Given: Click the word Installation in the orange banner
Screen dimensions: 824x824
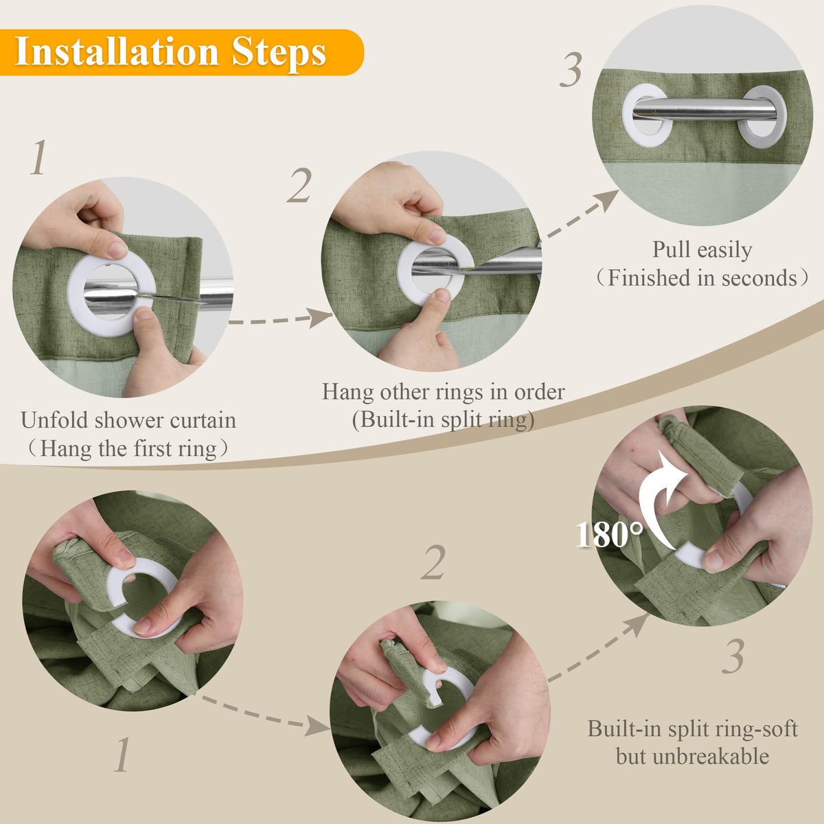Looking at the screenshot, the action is click(x=117, y=53).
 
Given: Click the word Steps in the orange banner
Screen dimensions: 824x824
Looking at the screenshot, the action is click(x=279, y=54).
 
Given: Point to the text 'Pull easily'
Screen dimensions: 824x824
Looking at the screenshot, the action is click(x=702, y=250).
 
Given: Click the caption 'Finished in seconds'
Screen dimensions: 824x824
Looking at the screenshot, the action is click(x=702, y=278).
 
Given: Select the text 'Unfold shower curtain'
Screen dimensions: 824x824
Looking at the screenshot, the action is click(x=128, y=420).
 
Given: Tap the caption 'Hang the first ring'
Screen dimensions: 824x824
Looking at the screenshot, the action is click(x=128, y=448).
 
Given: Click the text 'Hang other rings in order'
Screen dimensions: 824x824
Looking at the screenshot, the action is click(x=444, y=391).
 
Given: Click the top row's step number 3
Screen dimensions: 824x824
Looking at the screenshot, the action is click(x=571, y=69).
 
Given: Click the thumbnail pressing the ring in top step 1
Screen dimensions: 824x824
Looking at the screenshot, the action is click(x=144, y=314).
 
